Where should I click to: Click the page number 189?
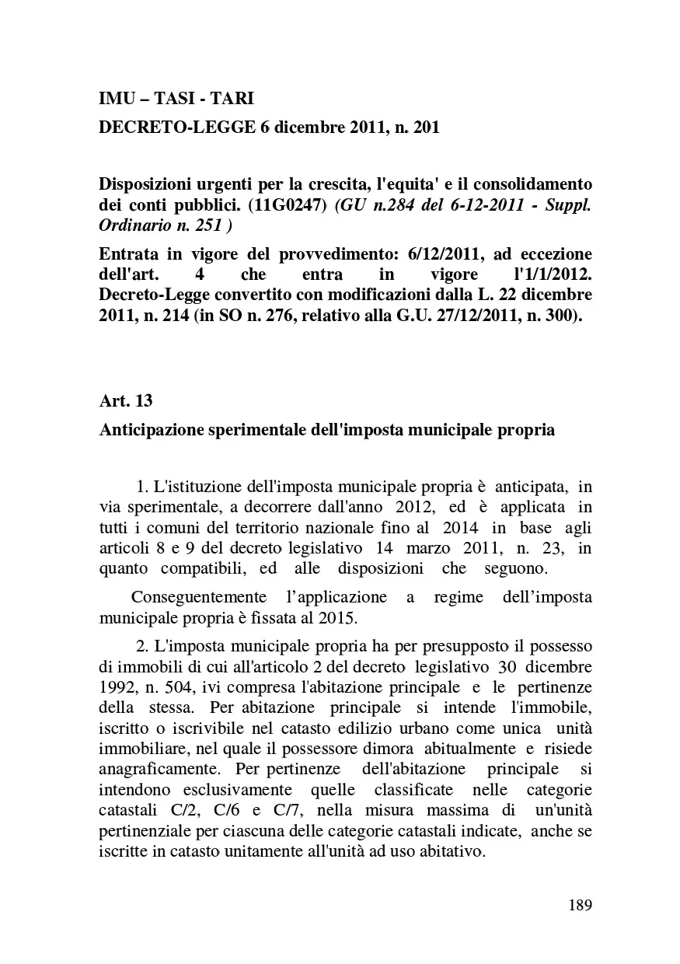click(x=580, y=904)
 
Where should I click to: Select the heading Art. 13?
click(x=126, y=401)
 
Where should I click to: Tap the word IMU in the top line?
click(x=115, y=99)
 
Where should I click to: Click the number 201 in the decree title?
click(x=425, y=127)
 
